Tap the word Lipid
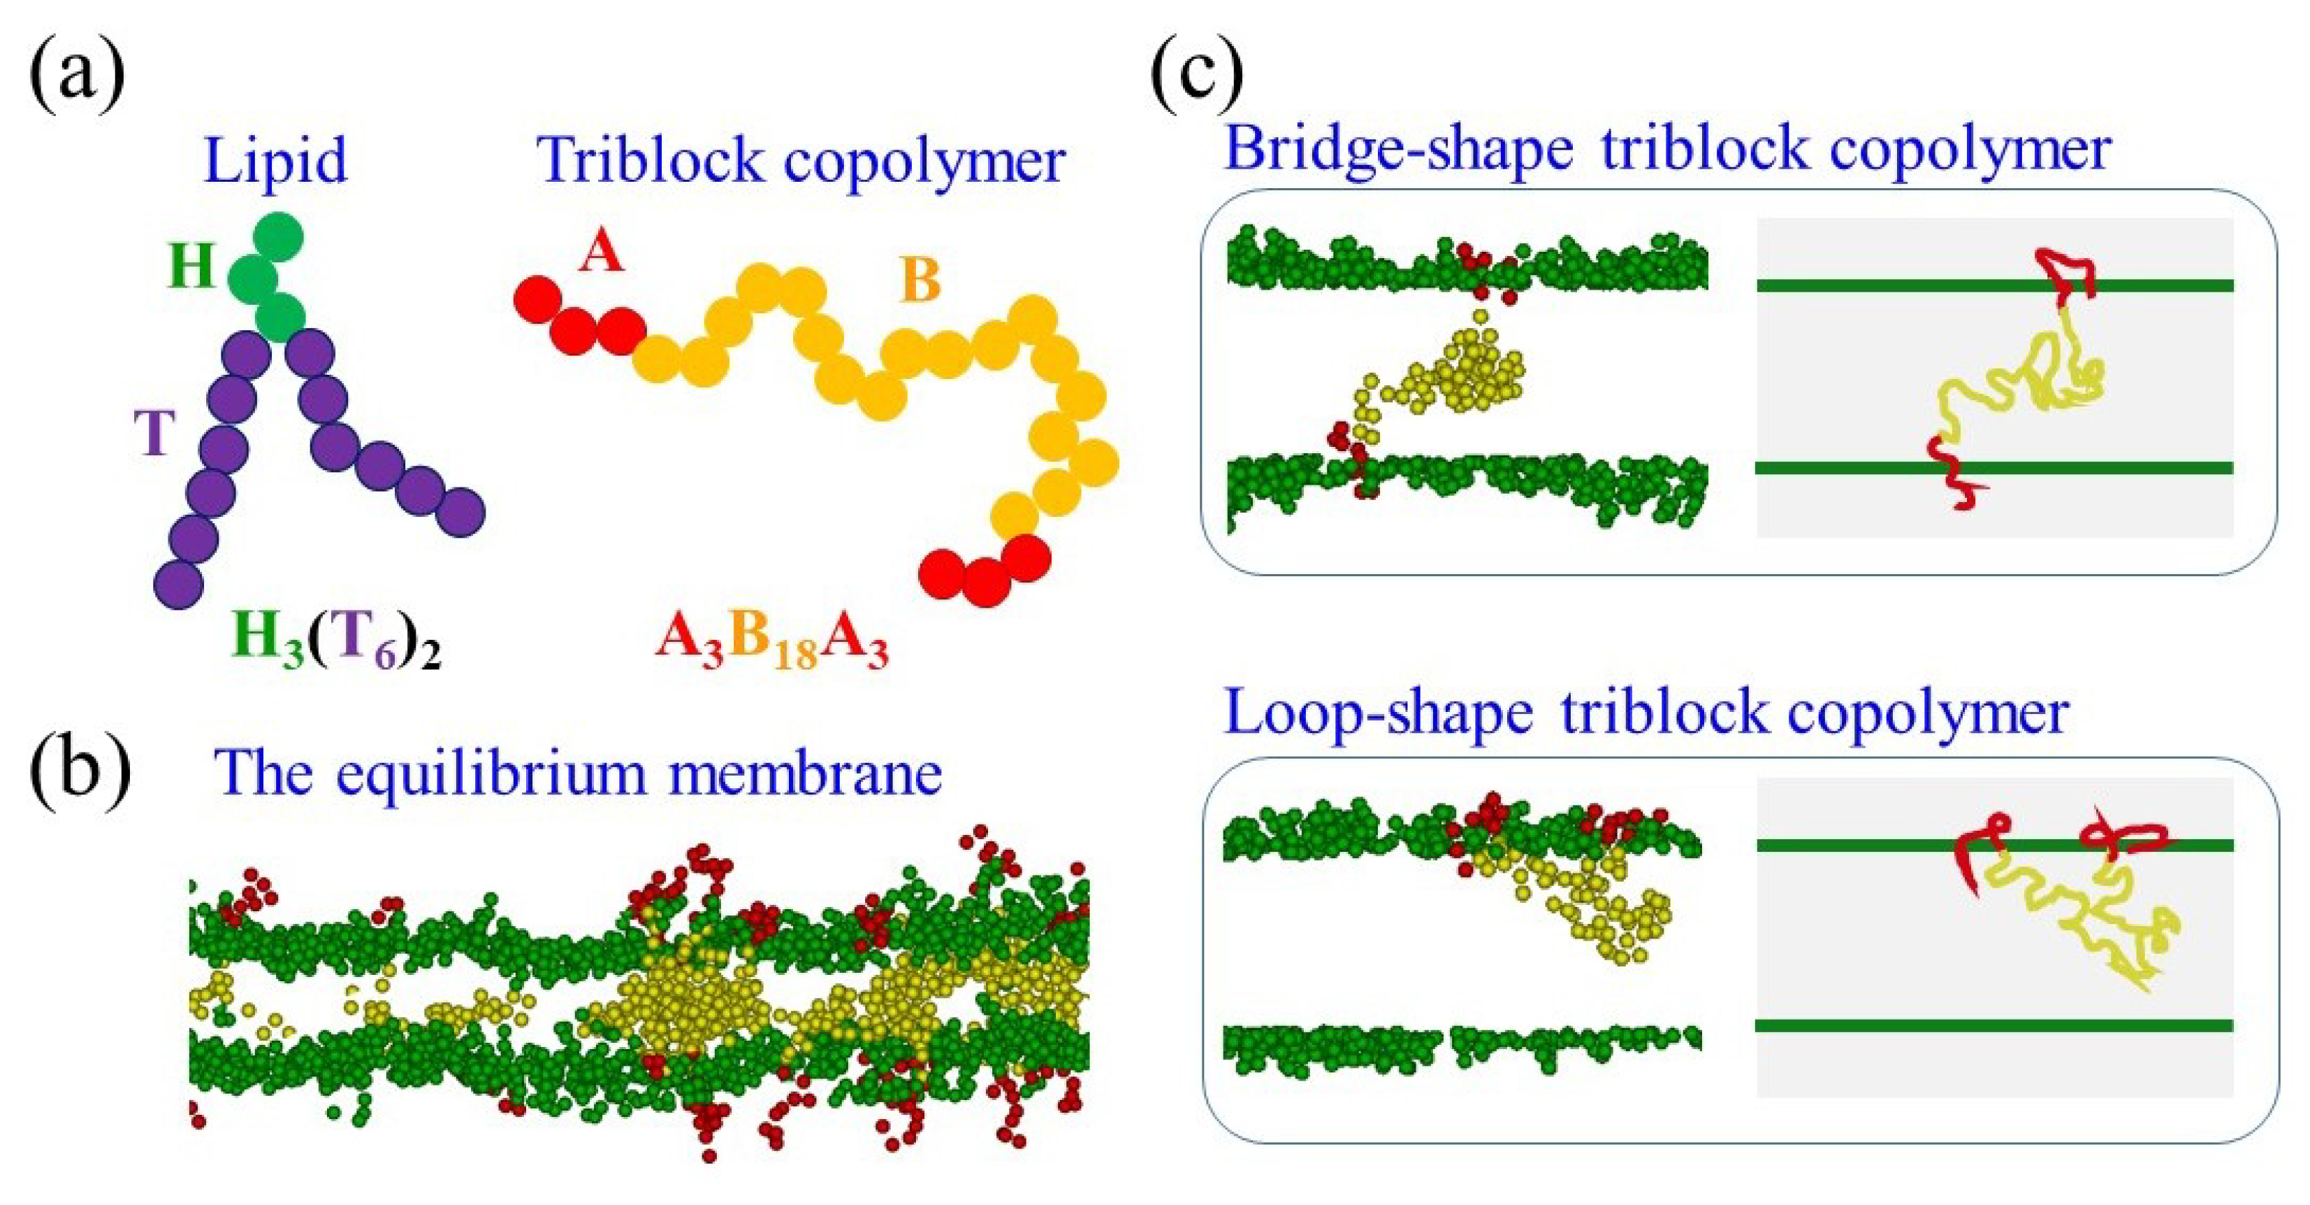click(275, 161)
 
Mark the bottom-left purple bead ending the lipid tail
click(178, 585)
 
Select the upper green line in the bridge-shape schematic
click(1991, 285)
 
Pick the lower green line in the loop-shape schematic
click(1991, 1025)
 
